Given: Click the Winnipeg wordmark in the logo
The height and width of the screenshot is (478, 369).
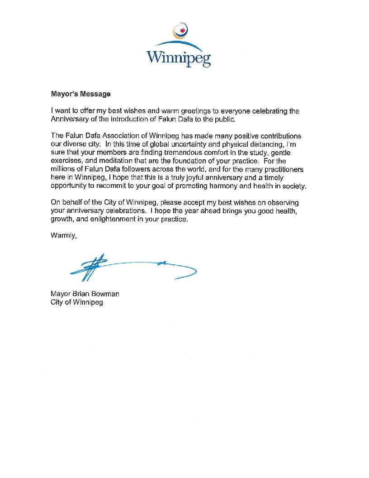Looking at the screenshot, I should click(x=179, y=58).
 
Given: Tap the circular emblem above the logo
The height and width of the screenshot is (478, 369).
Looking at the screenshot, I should click(x=181, y=30).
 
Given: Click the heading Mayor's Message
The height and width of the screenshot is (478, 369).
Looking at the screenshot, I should click(x=80, y=94).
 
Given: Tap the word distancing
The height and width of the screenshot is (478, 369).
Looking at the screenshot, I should click(x=255, y=144).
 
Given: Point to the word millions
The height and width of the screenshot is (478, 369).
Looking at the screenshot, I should click(x=63, y=169).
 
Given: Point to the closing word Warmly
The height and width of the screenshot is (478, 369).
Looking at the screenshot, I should click(x=64, y=235).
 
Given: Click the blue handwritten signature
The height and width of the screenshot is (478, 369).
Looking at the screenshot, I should click(x=131, y=268).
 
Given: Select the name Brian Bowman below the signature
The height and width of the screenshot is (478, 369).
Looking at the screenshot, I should click(x=95, y=294).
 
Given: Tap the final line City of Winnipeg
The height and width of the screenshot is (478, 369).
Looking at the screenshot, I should click(x=77, y=302).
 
